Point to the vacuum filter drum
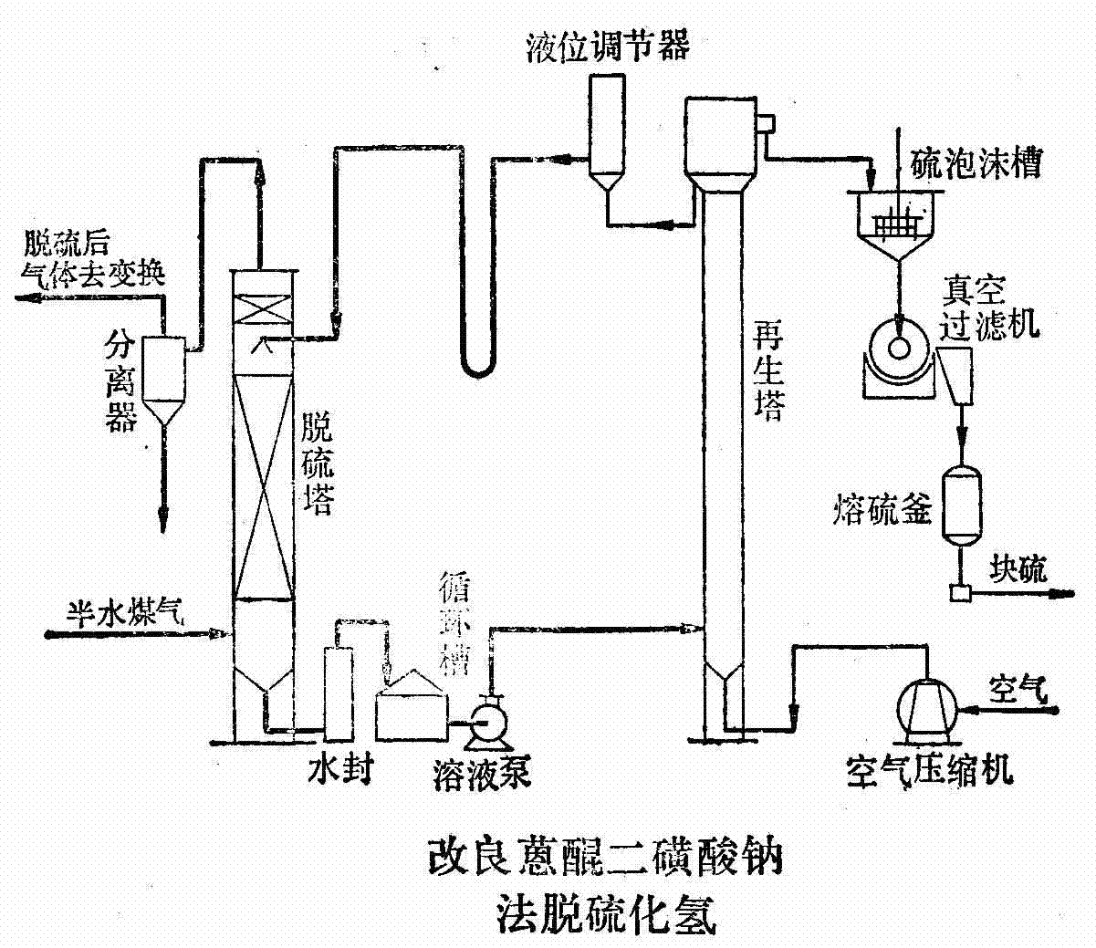[899, 349]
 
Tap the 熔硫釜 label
[882, 509]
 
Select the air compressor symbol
[926, 708]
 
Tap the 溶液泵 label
[481, 774]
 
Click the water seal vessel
[339, 693]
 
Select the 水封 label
[340, 771]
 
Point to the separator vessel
[165, 374]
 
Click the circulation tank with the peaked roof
[412, 707]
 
